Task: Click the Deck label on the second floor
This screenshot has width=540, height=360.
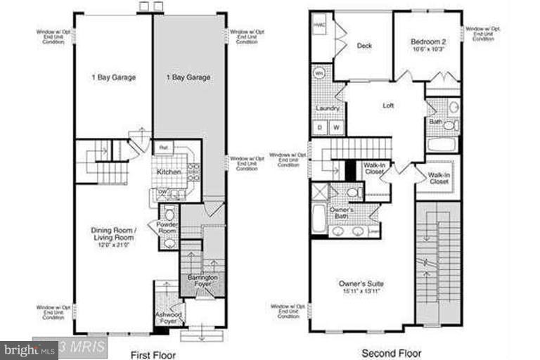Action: tap(364, 46)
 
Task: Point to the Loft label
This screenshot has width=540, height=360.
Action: tap(388, 106)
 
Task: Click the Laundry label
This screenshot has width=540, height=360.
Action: tap(328, 109)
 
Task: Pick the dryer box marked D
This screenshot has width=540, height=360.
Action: tap(320, 127)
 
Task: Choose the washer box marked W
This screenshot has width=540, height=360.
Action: tap(336, 127)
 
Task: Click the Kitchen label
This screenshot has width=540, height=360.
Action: tap(169, 172)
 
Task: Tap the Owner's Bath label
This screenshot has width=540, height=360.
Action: tap(342, 212)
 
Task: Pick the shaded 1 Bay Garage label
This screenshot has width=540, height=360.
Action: tap(188, 77)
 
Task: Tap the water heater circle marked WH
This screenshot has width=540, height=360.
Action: tap(319, 73)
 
